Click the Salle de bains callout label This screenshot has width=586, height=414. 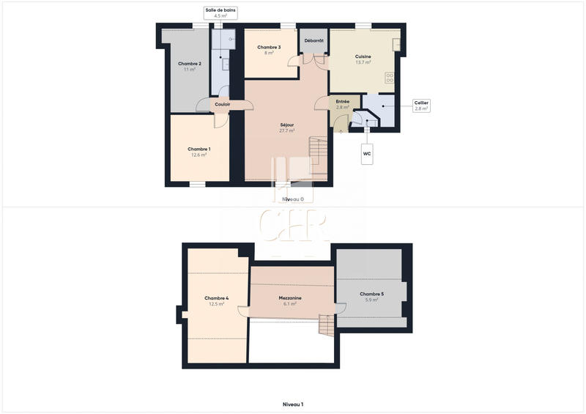point(220,12)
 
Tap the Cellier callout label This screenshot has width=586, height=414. point(420,106)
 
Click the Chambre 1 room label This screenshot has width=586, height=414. point(199,152)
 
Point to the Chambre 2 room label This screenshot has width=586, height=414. point(190,66)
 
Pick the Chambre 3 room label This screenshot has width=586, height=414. point(269,50)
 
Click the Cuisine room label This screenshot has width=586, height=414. point(363,59)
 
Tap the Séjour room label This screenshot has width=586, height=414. point(287,127)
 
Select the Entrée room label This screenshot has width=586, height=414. point(342,104)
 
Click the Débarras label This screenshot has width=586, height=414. point(314,40)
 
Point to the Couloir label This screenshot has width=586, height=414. point(223,104)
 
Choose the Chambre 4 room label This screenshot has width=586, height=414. point(217,300)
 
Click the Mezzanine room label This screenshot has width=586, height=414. point(290,300)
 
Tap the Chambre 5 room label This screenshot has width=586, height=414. point(371,296)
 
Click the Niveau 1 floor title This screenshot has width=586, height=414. point(293,404)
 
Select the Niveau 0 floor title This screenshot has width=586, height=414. point(293,199)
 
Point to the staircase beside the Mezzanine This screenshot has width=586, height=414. point(327,324)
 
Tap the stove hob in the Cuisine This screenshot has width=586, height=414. point(390,77)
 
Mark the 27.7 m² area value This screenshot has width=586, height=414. point(287,131)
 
